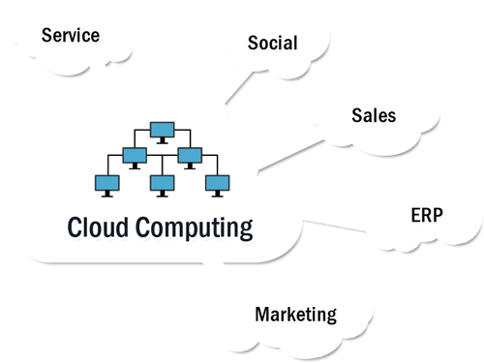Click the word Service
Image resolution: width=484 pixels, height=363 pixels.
click(70, 36)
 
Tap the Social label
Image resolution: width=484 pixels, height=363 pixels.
click(272, 44)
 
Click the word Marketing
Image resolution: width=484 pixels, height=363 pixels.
click(295, 314)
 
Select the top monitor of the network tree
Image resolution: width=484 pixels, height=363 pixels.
click(162, 129)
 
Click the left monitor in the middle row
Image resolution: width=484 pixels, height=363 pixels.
click(134, 155)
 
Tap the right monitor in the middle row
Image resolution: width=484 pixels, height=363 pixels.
click(190, 155)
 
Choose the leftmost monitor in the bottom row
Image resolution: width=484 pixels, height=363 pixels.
click(106, 182)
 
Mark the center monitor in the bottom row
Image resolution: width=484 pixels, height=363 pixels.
click(162, 182)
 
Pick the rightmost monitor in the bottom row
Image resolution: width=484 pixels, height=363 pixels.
click(218, 182)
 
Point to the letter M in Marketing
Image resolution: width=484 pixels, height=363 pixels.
click(261, 314)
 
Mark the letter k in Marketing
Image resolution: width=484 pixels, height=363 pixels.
click(289, 314)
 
